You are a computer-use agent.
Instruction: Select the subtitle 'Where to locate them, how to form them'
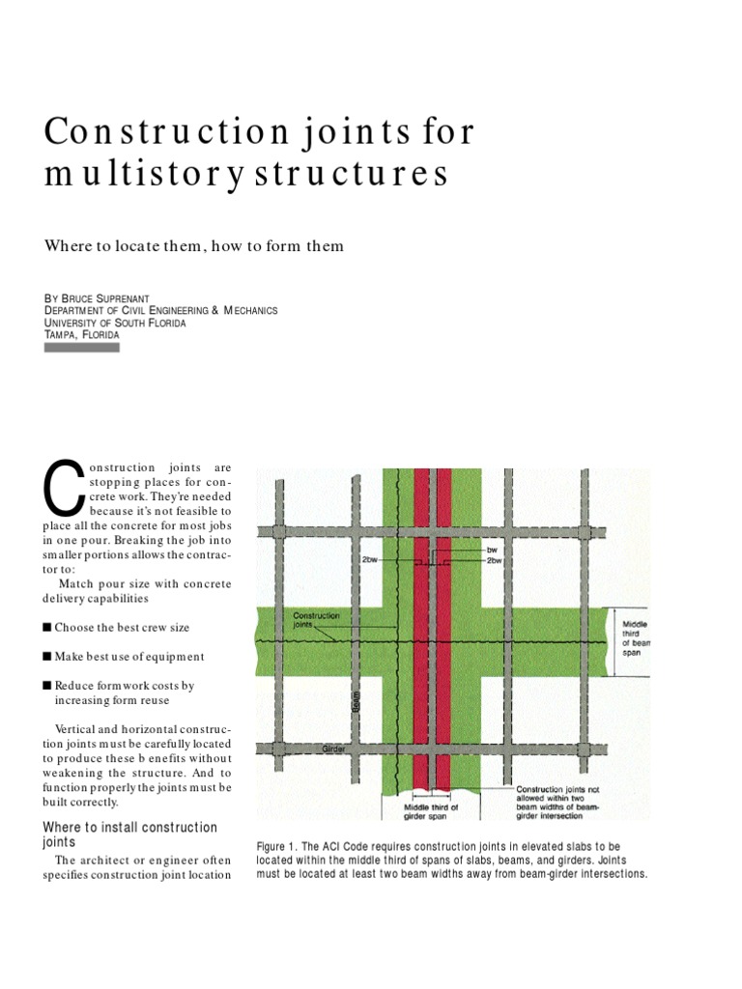tap(194, 245)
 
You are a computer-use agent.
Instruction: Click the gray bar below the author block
tap(82, 347)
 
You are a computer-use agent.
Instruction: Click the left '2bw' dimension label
tap(370, 559)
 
